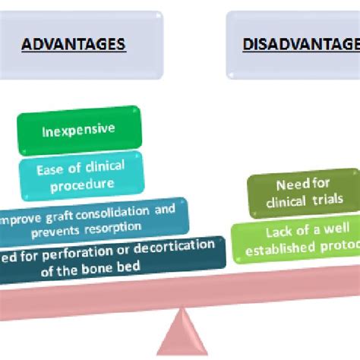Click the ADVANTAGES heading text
click(x=73, y=44)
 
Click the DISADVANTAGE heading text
click(x=301, y=44)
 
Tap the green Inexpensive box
click(x=78, y=129)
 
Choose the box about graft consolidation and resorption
click(x=91, y=217)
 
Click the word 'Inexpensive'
click(x=78, y=129)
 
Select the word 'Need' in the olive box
click(x=291, y=185)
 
